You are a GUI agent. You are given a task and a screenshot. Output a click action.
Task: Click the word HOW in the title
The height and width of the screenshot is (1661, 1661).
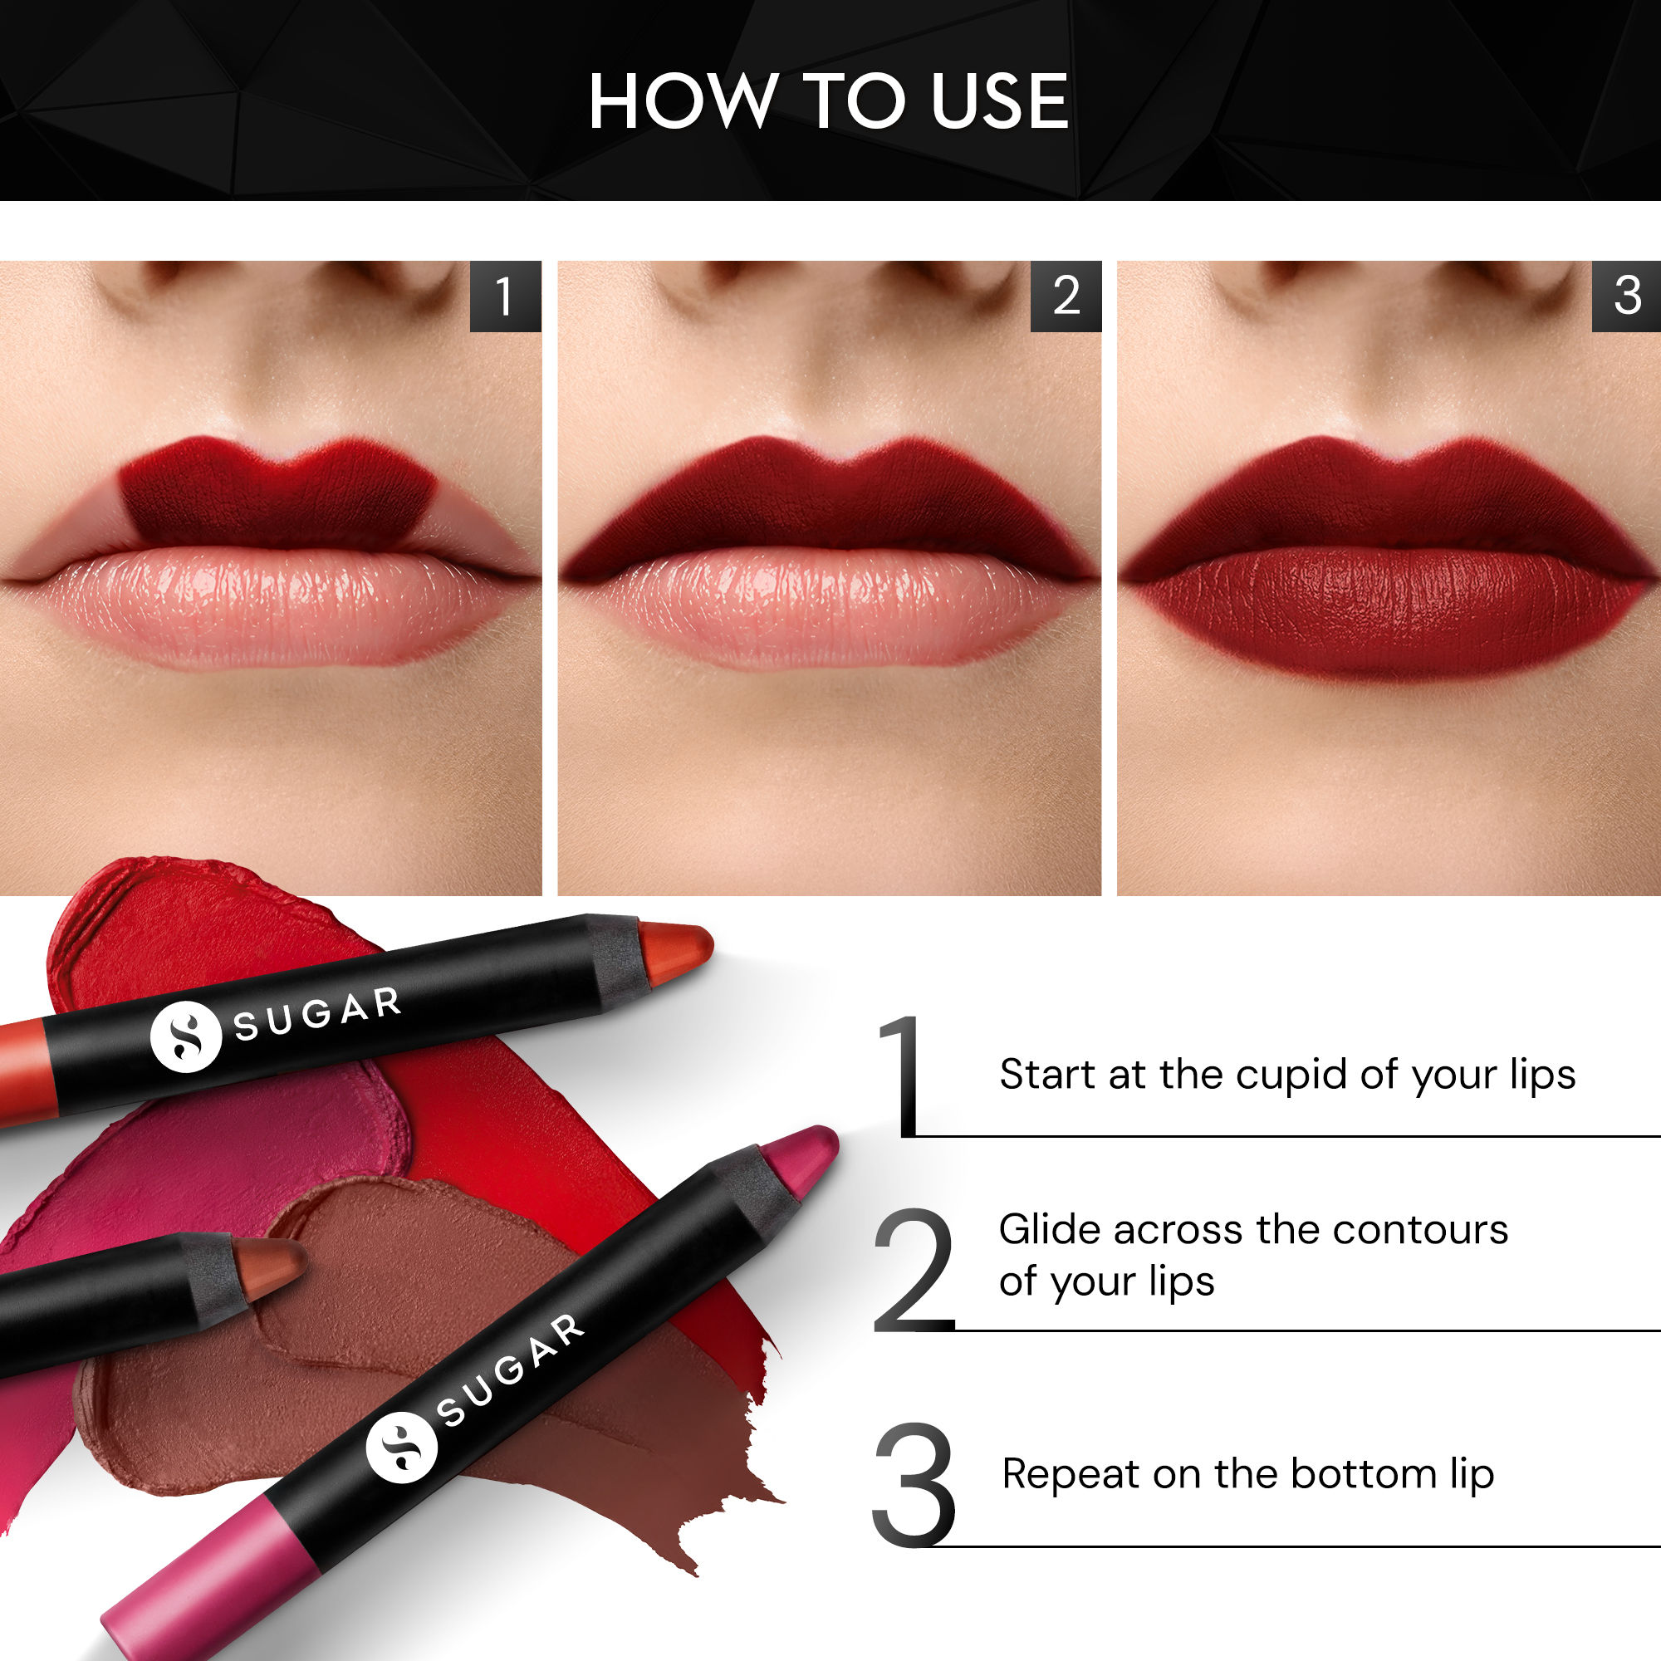click(681, 101)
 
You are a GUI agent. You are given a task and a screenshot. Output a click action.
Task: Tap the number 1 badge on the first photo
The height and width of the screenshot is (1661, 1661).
click(505, 296)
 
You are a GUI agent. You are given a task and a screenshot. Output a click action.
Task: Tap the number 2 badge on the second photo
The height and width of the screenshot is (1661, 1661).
click(1066, 296)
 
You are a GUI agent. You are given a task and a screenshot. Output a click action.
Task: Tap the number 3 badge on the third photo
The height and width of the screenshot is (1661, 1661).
click(1627, 296)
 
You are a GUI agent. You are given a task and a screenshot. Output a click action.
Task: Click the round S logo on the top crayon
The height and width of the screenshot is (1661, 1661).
click(186, 1036)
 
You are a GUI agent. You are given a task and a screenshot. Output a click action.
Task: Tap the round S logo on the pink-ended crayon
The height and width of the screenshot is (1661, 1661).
click(401, 1447)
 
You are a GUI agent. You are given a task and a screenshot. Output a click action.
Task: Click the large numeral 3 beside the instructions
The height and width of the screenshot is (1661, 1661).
click(913, 1485)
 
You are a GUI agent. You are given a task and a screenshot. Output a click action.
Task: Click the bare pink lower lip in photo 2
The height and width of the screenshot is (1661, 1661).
click(827, 606)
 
